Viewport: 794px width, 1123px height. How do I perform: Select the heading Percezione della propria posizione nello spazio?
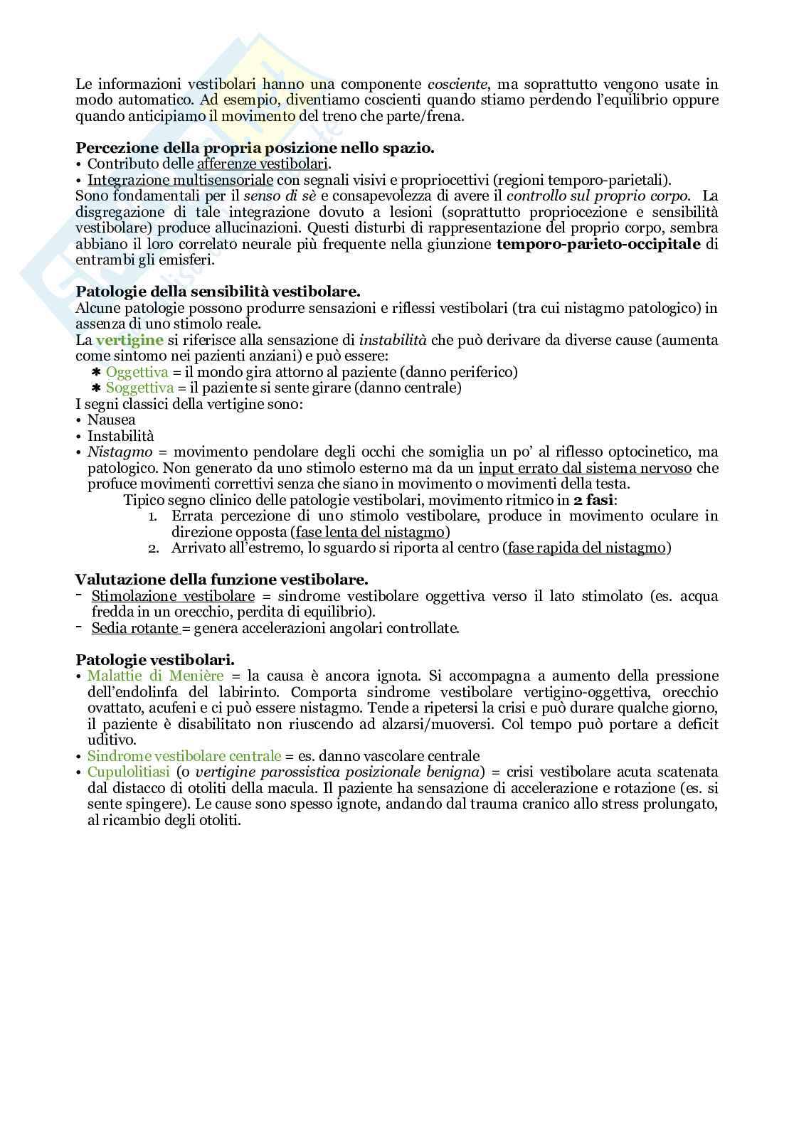point(255,148)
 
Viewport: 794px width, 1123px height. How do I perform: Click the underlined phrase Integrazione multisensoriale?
point(180,179)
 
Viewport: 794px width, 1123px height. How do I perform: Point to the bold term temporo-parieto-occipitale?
point(599,244)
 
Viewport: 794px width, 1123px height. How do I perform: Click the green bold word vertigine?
point(129,340)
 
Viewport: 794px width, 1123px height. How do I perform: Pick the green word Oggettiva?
point(137,372)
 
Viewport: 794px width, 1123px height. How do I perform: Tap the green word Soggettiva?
point(139,388)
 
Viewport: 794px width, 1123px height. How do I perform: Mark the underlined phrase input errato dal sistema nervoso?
point(585,468)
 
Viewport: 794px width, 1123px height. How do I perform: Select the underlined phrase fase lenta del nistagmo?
point(371,532)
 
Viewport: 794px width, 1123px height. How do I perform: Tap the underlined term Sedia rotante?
point(135,628)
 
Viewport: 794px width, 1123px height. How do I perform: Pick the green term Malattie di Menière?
point(155,676)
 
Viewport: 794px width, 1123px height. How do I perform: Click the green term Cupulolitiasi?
point(128,772)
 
